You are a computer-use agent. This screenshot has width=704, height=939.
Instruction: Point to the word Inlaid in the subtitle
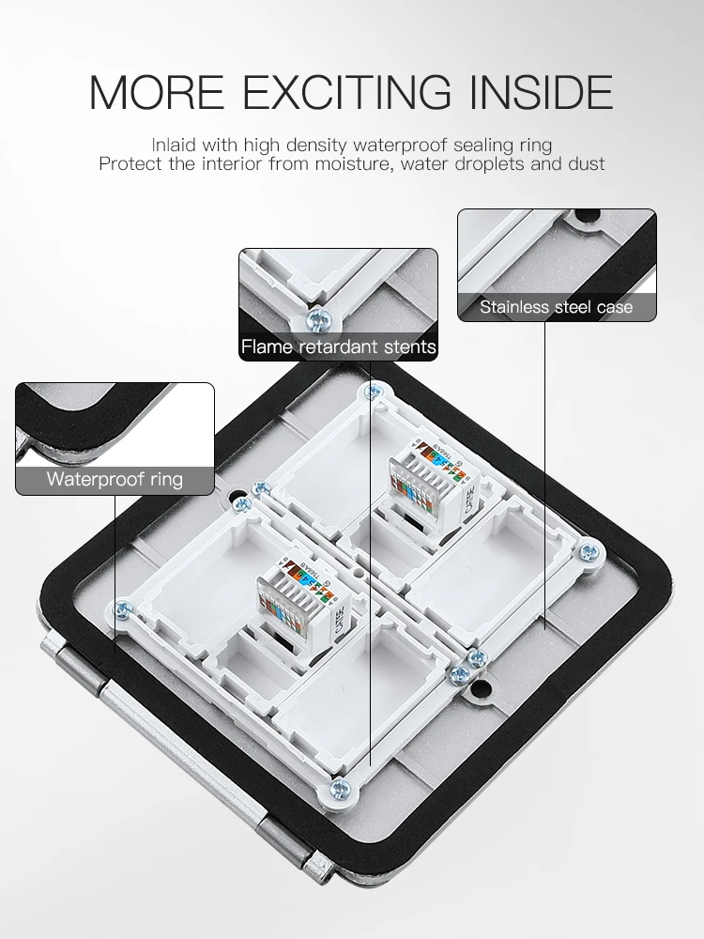[172, 145]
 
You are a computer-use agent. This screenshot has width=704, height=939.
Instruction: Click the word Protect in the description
[130, 163]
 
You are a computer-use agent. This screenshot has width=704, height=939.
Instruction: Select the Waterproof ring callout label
[115, 480]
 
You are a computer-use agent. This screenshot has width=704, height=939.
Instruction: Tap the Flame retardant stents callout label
[338, 347]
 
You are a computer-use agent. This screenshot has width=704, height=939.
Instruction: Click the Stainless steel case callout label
[557, 307]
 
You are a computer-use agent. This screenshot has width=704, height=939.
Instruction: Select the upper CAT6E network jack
[432, 479]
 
